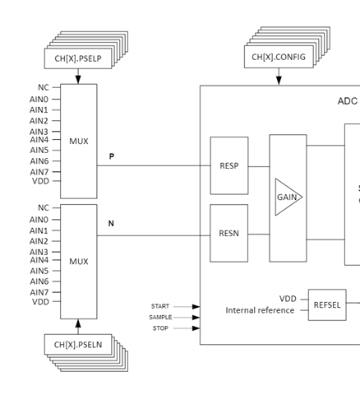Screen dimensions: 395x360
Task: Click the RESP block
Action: point(229,165)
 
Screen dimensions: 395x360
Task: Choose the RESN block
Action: point(229,234)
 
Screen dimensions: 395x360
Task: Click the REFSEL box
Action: point(325,304)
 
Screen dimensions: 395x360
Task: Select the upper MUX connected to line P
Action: point(78,141)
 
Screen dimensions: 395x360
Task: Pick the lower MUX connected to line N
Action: point(78,262)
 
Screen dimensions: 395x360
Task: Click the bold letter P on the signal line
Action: point(111,156)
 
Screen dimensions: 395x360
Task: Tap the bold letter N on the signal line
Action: point(111,224)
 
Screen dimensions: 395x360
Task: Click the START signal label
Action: point(159,306)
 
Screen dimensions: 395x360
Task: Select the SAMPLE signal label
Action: point(160,317)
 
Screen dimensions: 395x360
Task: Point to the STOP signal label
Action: point(160,328)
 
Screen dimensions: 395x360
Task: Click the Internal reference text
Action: point(260,310)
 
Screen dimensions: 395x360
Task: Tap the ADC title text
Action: point(347,100)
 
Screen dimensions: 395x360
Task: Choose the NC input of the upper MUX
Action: point(43,87)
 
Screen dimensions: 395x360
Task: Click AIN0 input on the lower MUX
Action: point(39,220)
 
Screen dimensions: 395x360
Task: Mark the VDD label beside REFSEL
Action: point(287,299)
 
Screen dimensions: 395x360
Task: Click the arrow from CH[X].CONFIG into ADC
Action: point(279,77)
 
